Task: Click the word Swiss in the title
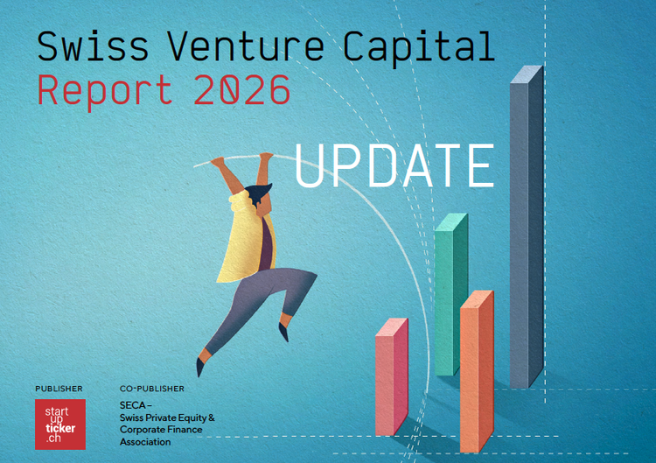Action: point(93,46)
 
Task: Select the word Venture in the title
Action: point(246,46)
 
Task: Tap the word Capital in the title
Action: point(419,49)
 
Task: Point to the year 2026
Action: point(242,89)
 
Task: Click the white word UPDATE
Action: point(394,165)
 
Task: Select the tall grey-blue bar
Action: point(527,227)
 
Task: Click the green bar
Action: point(451,294)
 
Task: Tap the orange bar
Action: point(477,371)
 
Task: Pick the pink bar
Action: point(392,376)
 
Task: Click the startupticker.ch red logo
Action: point(60,424)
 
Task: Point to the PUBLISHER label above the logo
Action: point(59,389)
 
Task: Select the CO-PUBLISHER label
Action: point(152,389)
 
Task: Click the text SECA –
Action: point(136,405)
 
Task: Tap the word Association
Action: point(145,442)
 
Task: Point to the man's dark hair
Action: point(258,193)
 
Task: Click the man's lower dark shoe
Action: point(200,367)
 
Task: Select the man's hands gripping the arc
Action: point(241,159)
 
